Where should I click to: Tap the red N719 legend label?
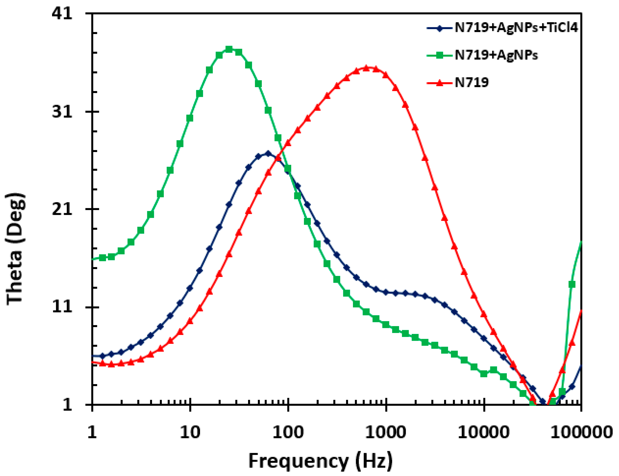pyautogui.click(x=472, y=82)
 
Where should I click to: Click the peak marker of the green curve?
pyautogui.click(x=229, y=49)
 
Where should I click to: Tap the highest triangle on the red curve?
pyautogui.click(x=366, y=68)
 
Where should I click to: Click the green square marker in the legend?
pyautogui.click(x=439, y=55)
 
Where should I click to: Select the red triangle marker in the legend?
pyautogui.click(x=439, y=83)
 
